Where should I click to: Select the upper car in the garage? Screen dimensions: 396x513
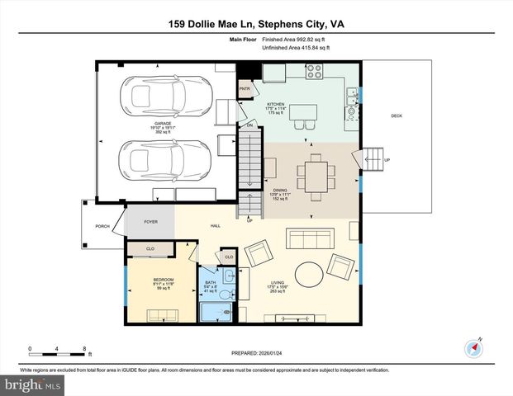tap(157, 96)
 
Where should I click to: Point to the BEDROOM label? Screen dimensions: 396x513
tap(163, 280)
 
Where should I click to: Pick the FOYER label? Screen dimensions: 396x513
tap(150, 221)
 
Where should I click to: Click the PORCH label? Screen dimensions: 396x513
tap(102, 225)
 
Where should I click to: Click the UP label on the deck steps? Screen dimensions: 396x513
tap(387, 159)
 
